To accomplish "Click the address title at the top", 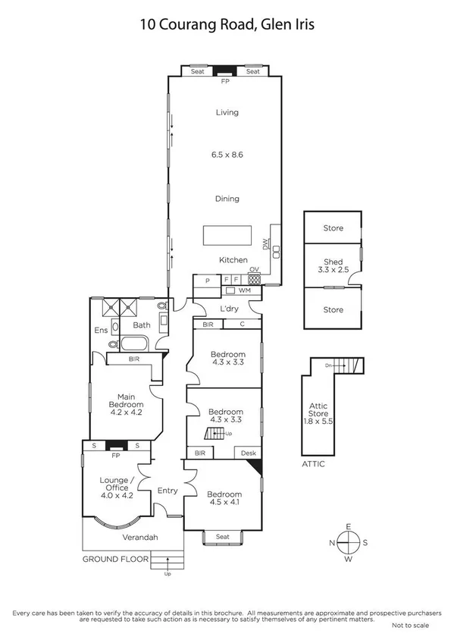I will (x=227, y=24).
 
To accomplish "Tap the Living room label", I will (x=227, y=112).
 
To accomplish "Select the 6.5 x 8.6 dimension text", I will (x=227, y=155).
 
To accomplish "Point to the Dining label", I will (x=227, y=199).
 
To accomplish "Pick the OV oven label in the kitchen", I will (x=255, y=269).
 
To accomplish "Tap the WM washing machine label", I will (x=244, y=290).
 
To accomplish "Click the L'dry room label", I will (x=228, y=309).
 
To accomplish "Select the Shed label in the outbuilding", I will (x=333, y=262).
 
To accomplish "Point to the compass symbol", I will (x=348, y=544).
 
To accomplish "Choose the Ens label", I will (x=101, y=331).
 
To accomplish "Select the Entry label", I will (x=167, y=491).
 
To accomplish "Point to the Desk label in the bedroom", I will (x=248, y=453).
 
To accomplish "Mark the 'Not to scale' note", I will (x=410, y=626).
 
